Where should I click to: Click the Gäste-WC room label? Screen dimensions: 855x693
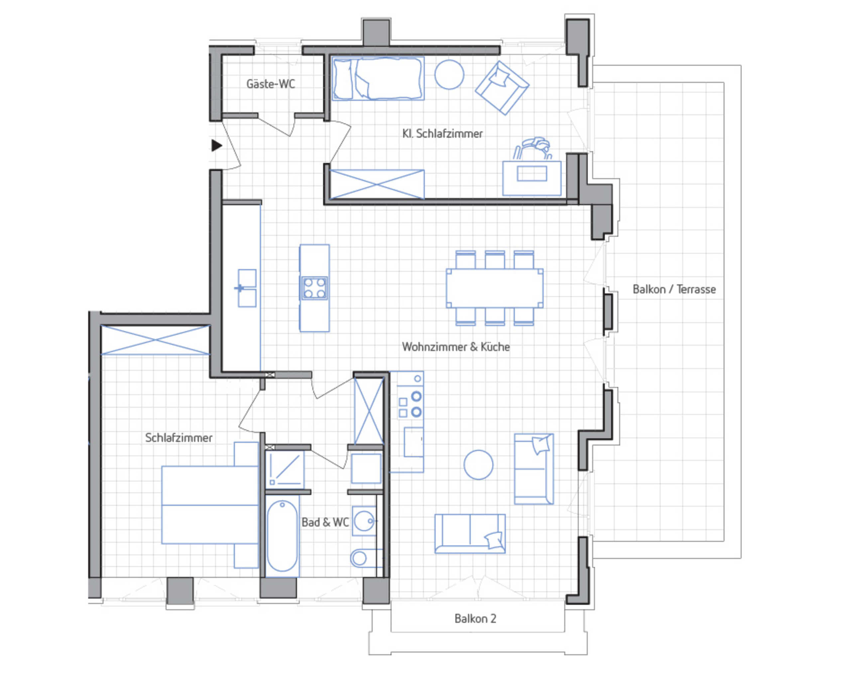[x=271, y=84]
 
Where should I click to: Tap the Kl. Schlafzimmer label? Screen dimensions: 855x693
[x=442, y=133]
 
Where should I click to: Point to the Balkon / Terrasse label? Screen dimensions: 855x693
[x=674, y=289]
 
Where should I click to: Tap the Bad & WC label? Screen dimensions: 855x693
[x=325, y=522]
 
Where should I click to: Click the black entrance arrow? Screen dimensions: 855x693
[x=217, y=145]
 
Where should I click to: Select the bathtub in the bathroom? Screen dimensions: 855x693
[x=282, y=536]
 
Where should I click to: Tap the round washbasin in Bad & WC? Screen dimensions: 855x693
[x=364, y=521]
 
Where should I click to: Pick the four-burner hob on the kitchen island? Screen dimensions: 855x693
[x=314, y=288]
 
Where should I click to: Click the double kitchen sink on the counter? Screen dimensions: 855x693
[x=247, y=288]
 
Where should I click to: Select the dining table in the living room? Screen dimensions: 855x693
[x=495, y=288]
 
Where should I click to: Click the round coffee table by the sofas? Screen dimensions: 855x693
[x=478, y=465]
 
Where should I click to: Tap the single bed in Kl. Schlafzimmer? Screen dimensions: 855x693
[x=378, y=78]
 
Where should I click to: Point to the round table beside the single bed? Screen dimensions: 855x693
[x=449, y=75]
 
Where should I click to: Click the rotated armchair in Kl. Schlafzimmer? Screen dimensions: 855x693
[x=502, y=88]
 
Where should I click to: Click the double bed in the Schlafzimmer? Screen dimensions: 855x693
[x=210, y=505]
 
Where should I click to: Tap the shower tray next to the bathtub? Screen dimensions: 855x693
[x=285, y=469]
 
